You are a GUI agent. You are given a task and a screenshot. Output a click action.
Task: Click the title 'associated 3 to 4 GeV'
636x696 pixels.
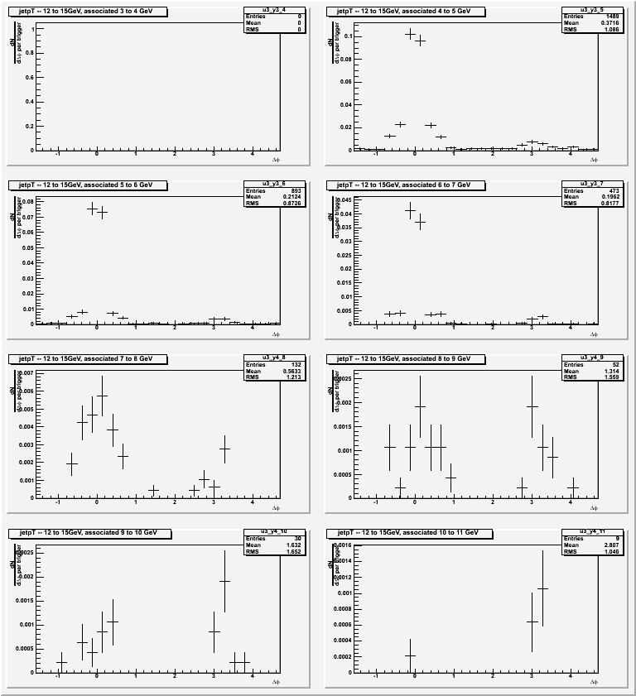(x=87, y=12)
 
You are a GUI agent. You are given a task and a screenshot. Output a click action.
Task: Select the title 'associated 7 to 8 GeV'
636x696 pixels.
(x=87, y=359)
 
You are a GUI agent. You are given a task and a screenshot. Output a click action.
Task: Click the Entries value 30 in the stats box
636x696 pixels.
(x=270, y=538)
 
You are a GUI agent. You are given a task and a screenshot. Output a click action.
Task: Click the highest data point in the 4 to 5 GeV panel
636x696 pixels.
(x=410, y=34)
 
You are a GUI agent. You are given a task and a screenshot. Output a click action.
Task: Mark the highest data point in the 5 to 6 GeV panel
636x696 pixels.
(x=92, y=209)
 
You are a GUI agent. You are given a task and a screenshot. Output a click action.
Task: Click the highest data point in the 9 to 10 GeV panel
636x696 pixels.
(x=224, y=581)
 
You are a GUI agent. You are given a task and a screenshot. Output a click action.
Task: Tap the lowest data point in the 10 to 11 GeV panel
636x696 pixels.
(x=410, y=655)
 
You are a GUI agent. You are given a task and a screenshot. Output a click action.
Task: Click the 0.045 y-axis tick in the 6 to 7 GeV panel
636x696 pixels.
(x=344, y=199)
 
